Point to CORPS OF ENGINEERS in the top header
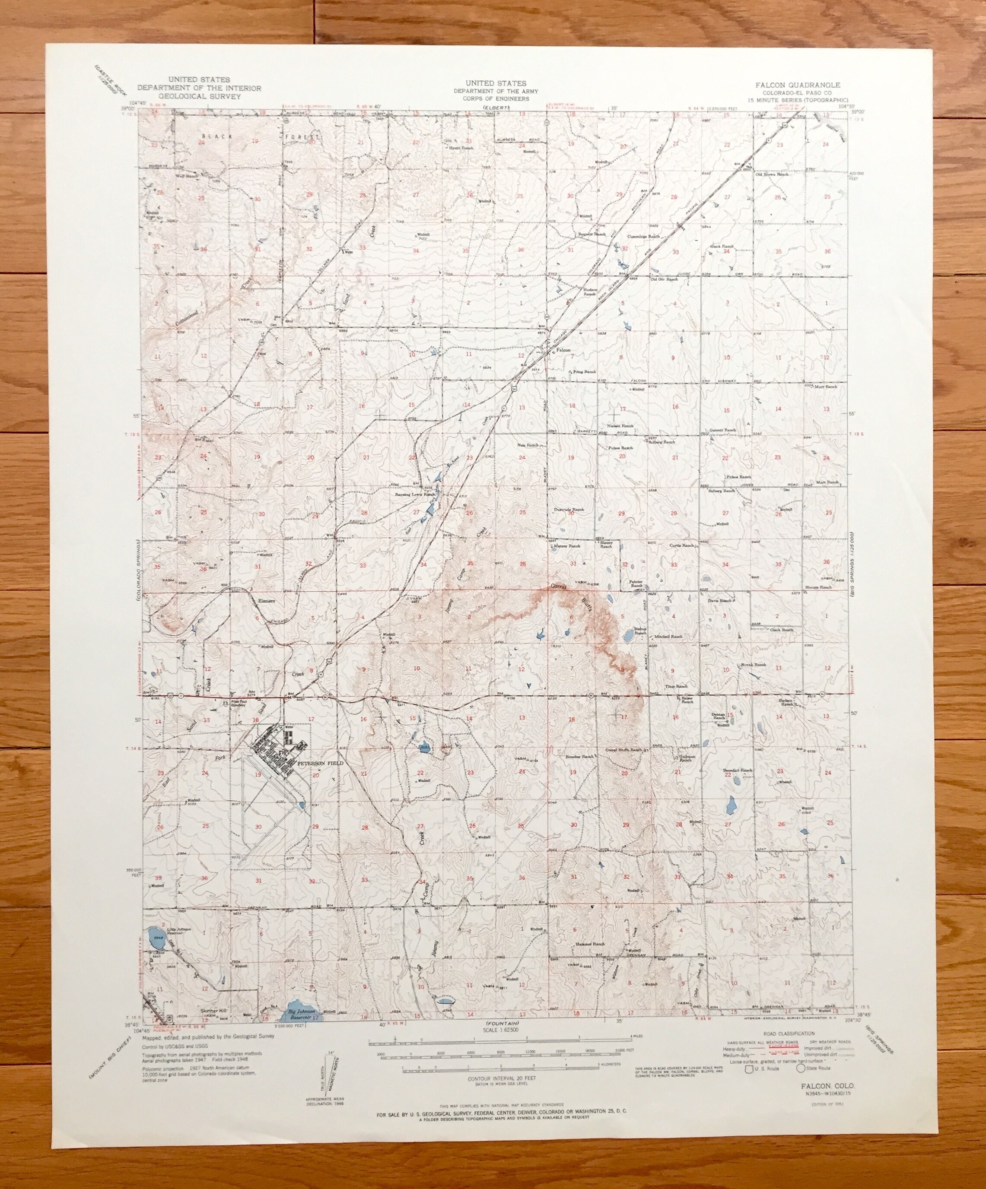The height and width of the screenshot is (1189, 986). click(495, 98)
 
